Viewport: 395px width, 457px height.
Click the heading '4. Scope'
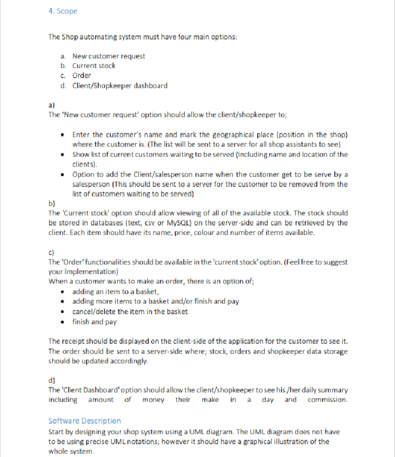point(62,11)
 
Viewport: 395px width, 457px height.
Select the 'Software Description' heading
point(84,421)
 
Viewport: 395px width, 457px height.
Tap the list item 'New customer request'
point(108,56)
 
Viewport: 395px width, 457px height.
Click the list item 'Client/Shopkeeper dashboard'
point(120,85)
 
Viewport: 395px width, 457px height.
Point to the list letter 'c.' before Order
point(63,76)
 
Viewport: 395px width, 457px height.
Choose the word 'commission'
point(327,399)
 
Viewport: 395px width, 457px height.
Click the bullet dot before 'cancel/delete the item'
point(63,311)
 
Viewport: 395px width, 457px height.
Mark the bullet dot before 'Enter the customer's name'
point(63,135)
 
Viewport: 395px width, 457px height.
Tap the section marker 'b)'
point(51,203)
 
